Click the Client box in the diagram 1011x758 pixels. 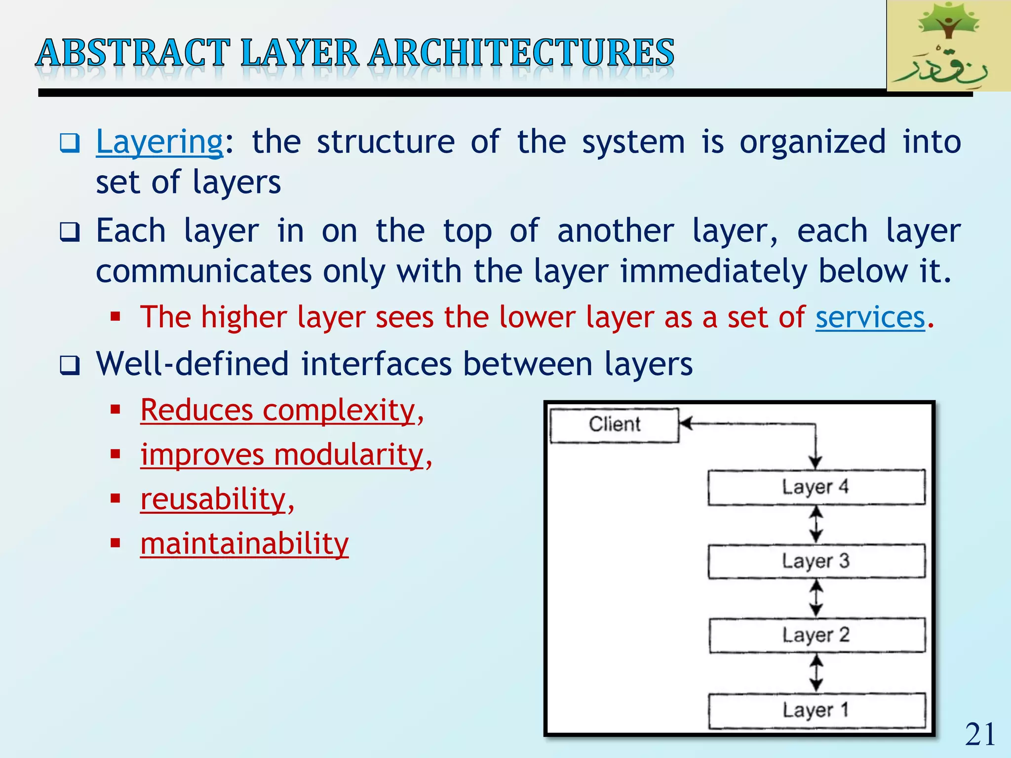[x=615, y=425]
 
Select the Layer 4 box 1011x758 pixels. [x=816, y=487]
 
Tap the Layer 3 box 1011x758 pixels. [x=816, y=561]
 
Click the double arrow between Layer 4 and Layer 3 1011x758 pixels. [x=816, y=524]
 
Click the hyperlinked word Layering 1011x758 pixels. [x=159, y=142]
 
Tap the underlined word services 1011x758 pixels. [x=870, y=317]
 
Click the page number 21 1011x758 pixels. [x=980, y=734]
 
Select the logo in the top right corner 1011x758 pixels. [x=948, y=46]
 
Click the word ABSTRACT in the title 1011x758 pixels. [x=134, y=53]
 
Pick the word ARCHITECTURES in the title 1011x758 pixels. [x=521, y=53]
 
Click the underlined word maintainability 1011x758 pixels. [x=244, y=544]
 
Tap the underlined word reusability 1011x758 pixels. [x=213, y=499]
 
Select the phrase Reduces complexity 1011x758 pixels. [x=277, y=410]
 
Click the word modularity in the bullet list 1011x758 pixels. [x=349, y=455]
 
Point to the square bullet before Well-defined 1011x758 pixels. [x=70, y=366]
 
